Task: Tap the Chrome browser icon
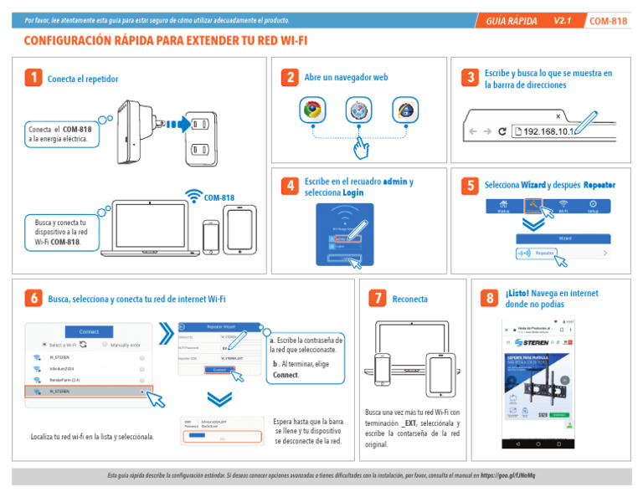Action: coord(312,109)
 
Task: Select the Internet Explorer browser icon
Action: coord(405,109)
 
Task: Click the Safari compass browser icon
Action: coord(359,109)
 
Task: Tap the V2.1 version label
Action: coord(562,21)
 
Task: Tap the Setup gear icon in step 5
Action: coord(593,205)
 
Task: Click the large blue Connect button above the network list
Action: coord(90,330)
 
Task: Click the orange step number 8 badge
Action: coord(489,299)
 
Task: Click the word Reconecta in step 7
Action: coord(410,299)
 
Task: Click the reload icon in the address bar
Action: coord(502,131)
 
